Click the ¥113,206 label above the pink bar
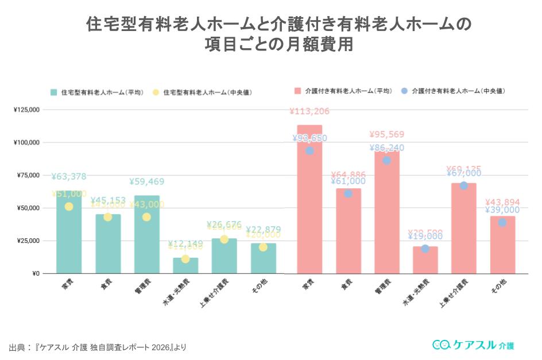coord(309,112)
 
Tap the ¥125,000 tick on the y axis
coord(26,110)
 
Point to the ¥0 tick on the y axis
coord(35,273)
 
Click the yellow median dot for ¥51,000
coord(69,207)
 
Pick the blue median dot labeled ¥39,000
coord(502,222)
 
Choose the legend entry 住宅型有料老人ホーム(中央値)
coord(207,92)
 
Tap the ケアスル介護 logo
coord(473,345)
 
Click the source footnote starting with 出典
coord(98,347)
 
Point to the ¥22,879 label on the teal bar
coord(263,230)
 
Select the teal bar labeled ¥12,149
coord(185,266)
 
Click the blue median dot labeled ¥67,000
coord(463,185)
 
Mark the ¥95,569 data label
coord(387,135)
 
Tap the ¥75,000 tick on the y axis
coord(26,175)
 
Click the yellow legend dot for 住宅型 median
coord(156,92)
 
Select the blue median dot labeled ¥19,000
coord(425,249)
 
